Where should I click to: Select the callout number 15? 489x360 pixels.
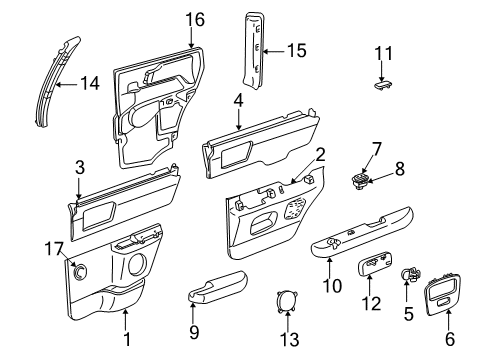296,50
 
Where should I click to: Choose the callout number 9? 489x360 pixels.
195,331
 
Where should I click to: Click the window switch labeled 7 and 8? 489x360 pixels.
357,180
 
